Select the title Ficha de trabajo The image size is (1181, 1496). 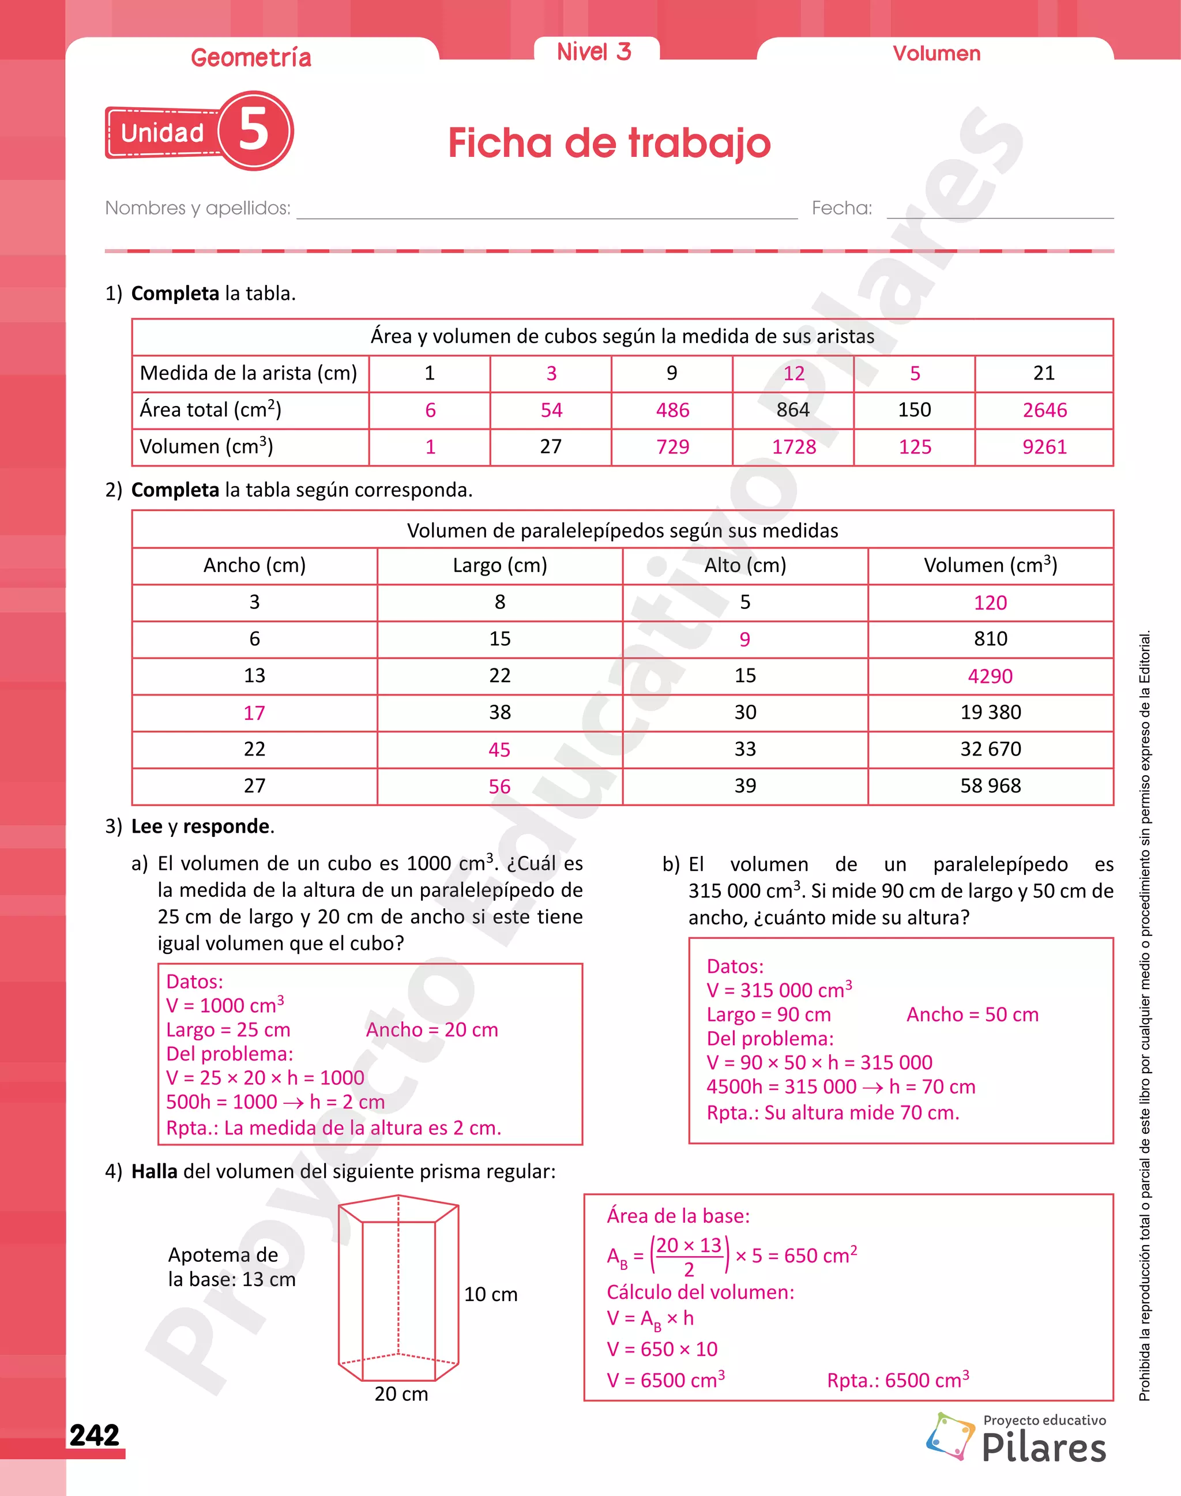[x=608, y=143]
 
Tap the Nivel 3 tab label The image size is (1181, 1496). [x=594, y=52]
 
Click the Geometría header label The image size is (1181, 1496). [x=251, y=58]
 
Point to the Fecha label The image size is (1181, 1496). [x=841, y=208]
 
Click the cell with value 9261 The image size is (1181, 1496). [x=1044, y=447]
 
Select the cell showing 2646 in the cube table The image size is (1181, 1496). [x=1044, y=410]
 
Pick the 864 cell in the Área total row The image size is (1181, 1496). [x=792, y=409]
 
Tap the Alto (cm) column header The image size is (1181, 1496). [x=744, y=565]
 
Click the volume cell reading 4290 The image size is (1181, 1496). [x=990, y=676]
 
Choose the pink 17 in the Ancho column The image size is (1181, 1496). [x=254, y=712]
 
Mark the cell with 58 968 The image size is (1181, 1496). [x=990, y=785]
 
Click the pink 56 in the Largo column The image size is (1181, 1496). [x=499, y=787]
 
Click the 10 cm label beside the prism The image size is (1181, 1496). [x=490, y=1294]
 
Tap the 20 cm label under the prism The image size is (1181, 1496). [x=401, y=1394]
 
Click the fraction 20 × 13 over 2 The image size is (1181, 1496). [x=689, y=1256]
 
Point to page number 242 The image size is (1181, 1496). [x=95, y=1435]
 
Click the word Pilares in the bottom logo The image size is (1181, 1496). [x=1043, y=1448]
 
